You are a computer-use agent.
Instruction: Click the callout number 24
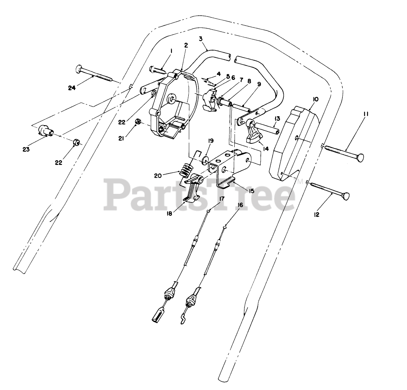72,88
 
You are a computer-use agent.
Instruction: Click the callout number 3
201,39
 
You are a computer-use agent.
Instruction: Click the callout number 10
316,99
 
